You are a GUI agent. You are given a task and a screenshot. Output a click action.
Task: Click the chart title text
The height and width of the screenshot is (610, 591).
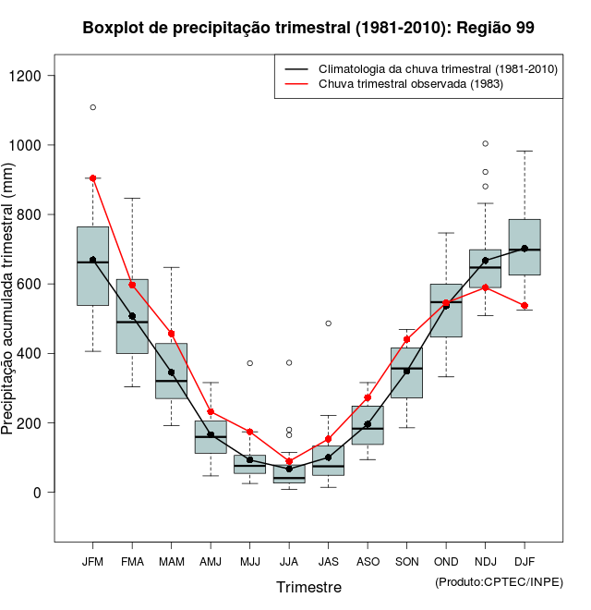308,28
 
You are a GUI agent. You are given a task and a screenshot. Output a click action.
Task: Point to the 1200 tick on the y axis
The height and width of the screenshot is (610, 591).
36,76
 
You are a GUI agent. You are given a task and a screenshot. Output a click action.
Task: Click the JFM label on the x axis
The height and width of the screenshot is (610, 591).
92,561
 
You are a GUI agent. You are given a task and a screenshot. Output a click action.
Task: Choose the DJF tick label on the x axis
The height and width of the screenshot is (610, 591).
525,561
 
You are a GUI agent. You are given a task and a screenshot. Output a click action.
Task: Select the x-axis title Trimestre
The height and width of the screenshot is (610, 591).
308,587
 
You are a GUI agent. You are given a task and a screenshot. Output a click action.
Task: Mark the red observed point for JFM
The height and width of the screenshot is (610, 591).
93,178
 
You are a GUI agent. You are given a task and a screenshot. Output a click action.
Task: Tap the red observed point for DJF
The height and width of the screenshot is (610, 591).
525,306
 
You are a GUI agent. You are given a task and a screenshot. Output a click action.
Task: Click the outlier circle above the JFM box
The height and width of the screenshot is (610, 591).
93,107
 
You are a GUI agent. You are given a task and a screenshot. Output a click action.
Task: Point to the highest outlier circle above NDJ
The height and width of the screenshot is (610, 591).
486,143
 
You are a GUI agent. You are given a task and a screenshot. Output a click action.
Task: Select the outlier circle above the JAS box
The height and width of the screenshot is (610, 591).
329,323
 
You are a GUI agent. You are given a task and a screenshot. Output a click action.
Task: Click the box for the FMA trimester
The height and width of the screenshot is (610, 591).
132,316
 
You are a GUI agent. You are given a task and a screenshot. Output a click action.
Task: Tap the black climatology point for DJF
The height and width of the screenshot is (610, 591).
525,249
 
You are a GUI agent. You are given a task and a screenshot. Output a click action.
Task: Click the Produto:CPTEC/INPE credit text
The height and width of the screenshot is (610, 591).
498,581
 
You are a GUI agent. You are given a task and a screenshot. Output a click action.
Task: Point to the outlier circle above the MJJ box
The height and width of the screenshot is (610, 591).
250,363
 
